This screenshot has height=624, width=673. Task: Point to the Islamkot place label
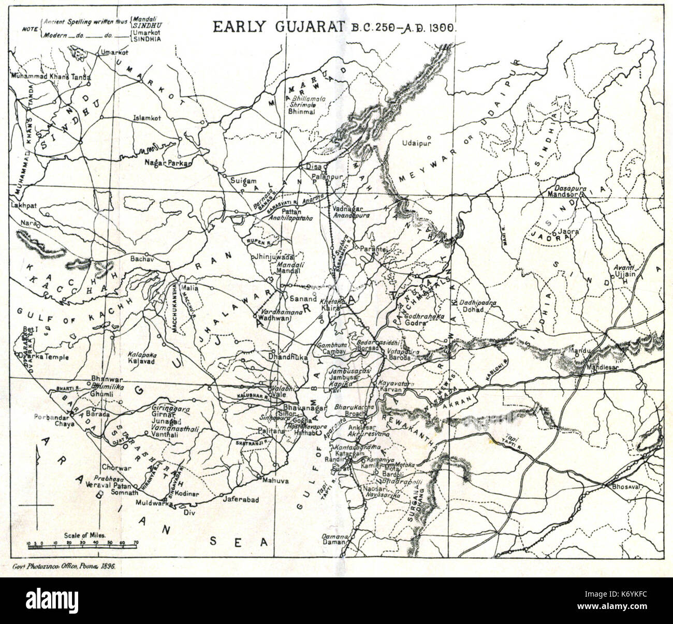click(x=147, y=117)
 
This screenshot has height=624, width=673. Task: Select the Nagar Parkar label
click(x=168, y=163)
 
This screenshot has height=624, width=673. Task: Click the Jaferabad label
click(x=240, y=500)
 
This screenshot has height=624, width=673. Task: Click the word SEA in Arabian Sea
click(x=240, y=541)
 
